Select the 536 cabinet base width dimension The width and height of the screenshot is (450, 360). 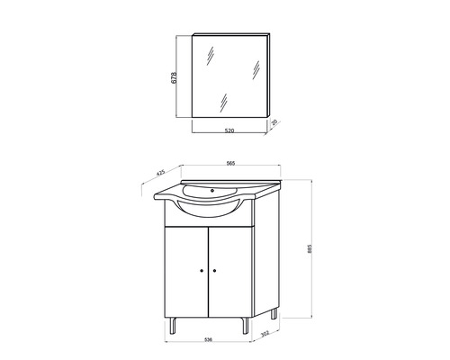pos(208,340)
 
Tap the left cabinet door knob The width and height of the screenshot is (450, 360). pos(202,270)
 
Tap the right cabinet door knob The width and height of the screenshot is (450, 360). pos(216,270)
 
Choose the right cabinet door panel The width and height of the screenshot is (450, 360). pos(231,270)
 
